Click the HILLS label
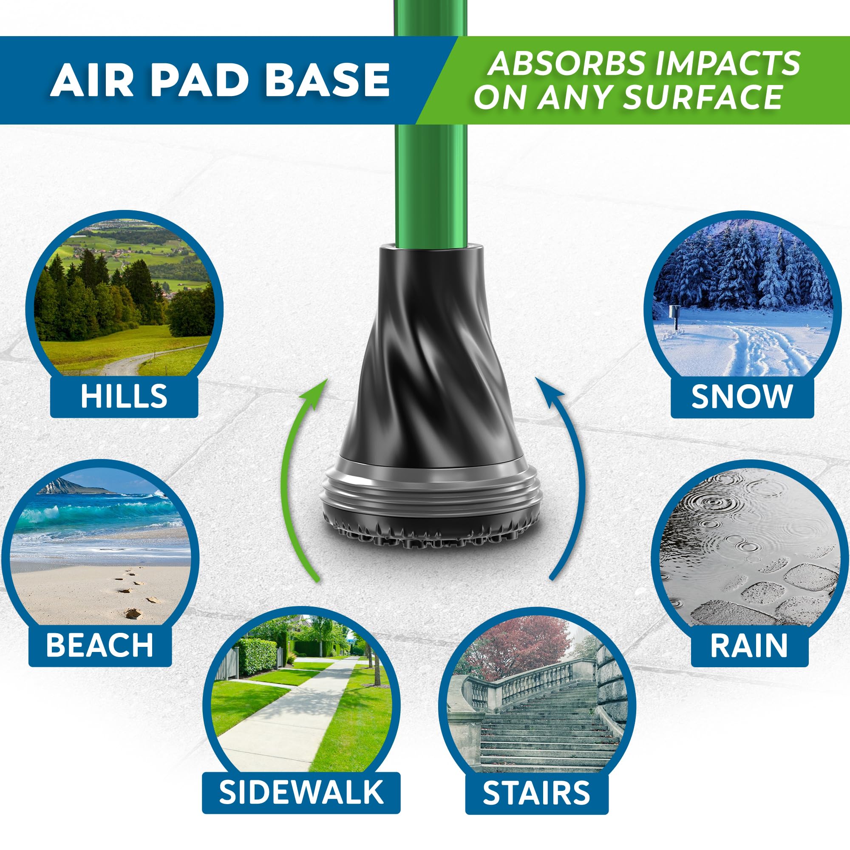coord(124,396)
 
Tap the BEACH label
coord(100,645)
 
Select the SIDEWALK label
coord(301,792)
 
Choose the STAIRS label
coord(536,792)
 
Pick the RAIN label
coord(749,645)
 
